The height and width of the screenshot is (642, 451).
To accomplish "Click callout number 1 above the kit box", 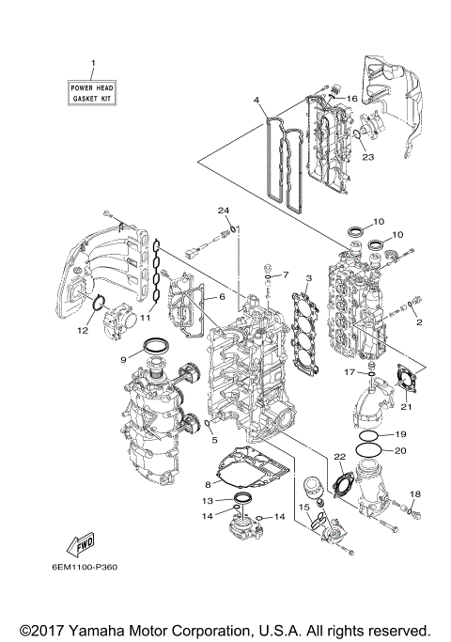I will click(93, 64).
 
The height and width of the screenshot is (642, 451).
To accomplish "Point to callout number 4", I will click(256, 99).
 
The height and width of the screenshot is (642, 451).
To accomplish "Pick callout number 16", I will click(353, 98).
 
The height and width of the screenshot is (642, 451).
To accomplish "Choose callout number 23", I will click(367, 158).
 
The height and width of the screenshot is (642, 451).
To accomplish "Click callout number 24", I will click(224, 209).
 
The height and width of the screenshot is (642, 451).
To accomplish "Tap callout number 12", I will click(82, 330).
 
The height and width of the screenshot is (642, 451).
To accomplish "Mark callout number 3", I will click(308, 279).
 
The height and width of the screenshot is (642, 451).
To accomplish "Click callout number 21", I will click(407, 406).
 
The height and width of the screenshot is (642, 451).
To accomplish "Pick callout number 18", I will click(414, 493).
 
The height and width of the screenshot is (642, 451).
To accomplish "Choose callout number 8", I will click(207, 484).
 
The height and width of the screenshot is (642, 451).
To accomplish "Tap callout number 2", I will click(418, 322).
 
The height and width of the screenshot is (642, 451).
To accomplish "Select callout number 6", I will click(222, 297).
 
